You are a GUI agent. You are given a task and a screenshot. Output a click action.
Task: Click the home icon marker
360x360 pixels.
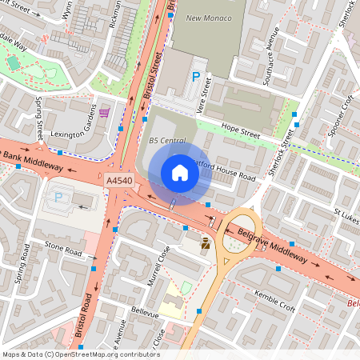pos(180,173)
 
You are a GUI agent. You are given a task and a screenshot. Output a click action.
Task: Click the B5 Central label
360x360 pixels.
pos(167,141)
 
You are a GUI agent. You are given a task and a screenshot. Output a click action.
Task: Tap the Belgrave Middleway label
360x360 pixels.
pos(272,246)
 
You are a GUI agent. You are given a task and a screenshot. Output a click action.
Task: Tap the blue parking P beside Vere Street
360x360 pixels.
pos(195,77)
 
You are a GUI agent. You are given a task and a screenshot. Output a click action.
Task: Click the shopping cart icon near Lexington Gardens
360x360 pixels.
pos(103,114)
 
